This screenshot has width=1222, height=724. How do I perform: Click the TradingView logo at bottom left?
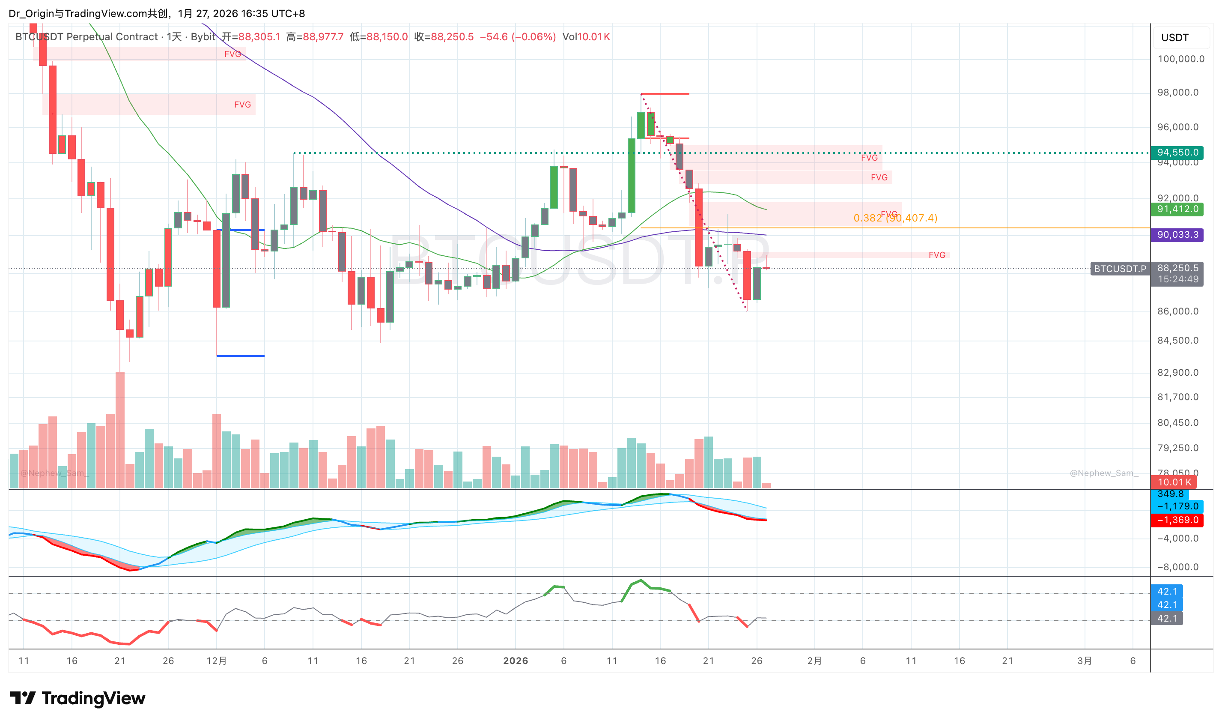click(77, 698)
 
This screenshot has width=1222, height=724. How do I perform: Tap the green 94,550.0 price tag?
click(1176, 153)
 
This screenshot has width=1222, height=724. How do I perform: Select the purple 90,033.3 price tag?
click(1176, 235)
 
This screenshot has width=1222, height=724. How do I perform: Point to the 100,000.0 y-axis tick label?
click(1180, 59)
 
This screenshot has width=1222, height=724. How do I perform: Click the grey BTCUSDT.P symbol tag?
click(1120, 269)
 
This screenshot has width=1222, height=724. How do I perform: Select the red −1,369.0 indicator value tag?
click(1176, 520)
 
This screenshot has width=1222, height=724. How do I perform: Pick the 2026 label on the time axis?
click(516, 661)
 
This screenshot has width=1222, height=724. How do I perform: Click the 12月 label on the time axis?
click(217, 661)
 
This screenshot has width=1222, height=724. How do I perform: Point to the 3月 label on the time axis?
click(1085, 661)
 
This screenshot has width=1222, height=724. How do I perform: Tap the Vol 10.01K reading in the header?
click(586, 37)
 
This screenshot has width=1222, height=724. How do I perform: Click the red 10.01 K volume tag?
click(1174, 482)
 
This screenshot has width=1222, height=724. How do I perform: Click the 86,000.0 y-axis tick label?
click(1177, 311)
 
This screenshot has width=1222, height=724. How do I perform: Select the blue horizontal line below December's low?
click(240, 356)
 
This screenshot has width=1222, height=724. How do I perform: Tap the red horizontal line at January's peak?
click(665, 94)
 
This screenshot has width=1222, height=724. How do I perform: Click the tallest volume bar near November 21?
click(120, 429)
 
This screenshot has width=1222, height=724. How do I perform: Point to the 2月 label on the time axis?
click(814, 661)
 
